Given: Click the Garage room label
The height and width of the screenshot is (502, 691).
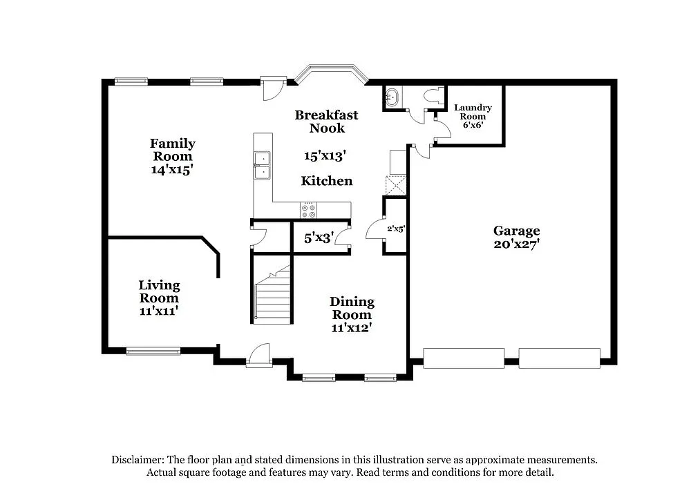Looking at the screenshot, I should [x=516, y=231].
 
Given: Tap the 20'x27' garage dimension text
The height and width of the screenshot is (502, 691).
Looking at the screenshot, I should [x=516, y=244].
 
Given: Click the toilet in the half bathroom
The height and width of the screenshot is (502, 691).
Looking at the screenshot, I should [x=433, y=97].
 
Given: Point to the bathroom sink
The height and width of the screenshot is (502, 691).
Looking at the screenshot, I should [x=392, y=97].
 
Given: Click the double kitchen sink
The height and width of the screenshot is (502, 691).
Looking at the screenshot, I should [x=262, y=166].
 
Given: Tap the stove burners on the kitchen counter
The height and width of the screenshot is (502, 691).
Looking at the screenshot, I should [x=308, y=209].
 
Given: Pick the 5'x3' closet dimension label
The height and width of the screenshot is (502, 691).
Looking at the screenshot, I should [x=319, y=238].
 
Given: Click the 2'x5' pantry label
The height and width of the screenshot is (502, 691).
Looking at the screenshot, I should [x=395, y=228].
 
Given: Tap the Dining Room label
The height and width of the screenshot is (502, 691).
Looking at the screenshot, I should [x=352, y=308].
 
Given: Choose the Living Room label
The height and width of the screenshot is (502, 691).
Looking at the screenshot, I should [x=159, y=291].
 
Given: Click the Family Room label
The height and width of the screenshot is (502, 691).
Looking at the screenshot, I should [x=172, y=150].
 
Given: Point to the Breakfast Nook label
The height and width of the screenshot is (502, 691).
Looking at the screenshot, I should [x=326, y=122].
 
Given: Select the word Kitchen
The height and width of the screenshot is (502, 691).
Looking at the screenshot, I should [x=326, y=181].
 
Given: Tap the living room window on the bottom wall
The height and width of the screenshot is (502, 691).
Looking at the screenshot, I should [x=153, y=351].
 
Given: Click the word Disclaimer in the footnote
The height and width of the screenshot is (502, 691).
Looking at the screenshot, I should [x=136, y=460].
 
